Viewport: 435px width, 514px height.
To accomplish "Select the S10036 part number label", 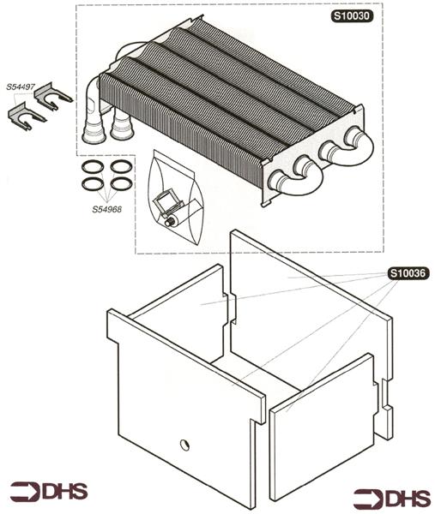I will click(407, 274).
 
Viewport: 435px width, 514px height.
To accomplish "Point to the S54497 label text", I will click(21, 87).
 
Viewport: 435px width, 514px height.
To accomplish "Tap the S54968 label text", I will click(109, 209).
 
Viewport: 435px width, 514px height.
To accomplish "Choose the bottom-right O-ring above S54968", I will click(121, 183).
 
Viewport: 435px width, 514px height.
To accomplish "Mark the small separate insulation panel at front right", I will click(322, 428).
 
